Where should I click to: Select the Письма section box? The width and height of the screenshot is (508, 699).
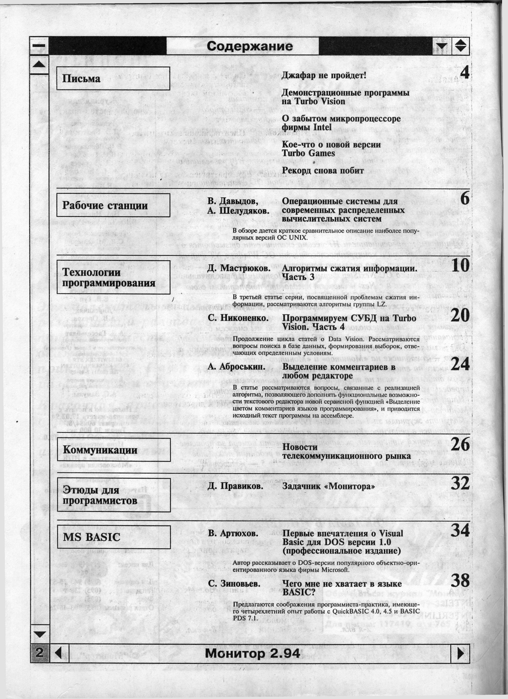tap(113, 79)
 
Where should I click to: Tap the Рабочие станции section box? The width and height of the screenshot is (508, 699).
tap(113, 205)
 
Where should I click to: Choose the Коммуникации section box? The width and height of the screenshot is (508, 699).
tap(113, 450)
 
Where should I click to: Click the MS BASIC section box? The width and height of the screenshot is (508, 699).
tap(113, 537)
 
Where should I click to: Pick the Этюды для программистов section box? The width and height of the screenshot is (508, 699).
tap(113, 495)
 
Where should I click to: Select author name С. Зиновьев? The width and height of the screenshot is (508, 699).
tap(234, 584)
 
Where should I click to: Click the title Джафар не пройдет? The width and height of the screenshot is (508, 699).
tap(324, 75)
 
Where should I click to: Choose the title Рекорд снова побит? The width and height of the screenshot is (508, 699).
tap(323, 171)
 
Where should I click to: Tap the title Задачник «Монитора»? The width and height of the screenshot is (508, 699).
tap(329, 486)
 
